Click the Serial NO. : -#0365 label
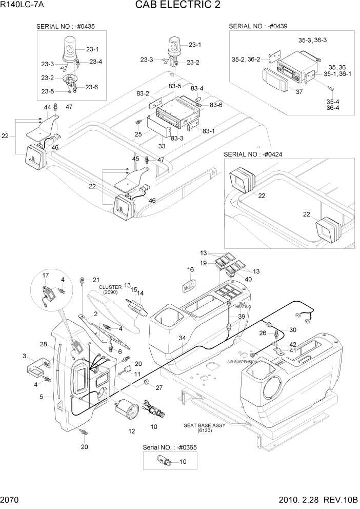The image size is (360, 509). [169, 447]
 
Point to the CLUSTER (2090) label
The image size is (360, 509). [110, 289]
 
